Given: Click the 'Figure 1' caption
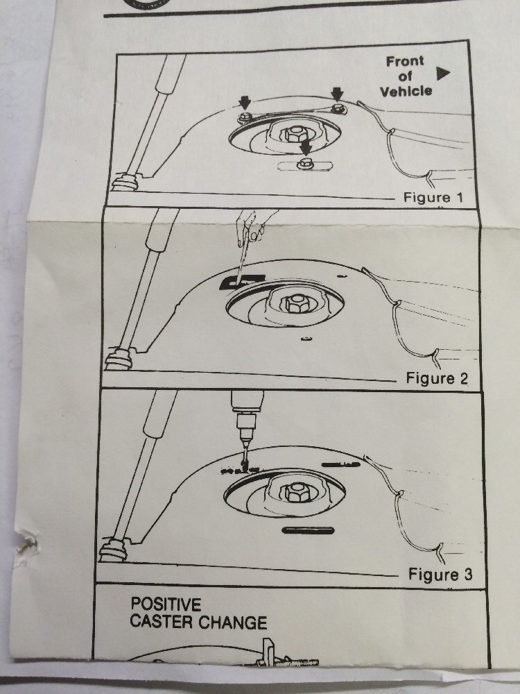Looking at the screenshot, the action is point(433,197).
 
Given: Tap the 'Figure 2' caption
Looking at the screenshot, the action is point(437,378).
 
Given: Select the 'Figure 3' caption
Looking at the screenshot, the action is point(440,575).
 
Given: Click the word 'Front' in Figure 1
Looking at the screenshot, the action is point(405,61).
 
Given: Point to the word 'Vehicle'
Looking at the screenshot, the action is point(406,91).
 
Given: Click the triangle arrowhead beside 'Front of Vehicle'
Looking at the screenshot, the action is point(443,74).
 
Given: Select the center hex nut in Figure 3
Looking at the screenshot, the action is point(297,492).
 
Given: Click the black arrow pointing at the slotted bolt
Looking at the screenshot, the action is point(305,147).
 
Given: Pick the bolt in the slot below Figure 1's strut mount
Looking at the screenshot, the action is point(304,163).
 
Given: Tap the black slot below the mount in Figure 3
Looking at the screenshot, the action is point(308,530).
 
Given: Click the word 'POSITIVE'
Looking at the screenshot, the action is point(166,604).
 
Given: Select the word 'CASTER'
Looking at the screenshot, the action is point(162,622).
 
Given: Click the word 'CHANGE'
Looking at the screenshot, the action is point(232,623).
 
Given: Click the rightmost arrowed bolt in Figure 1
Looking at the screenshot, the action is point(339,108).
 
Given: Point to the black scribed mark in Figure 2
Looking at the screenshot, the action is point(241,281).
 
